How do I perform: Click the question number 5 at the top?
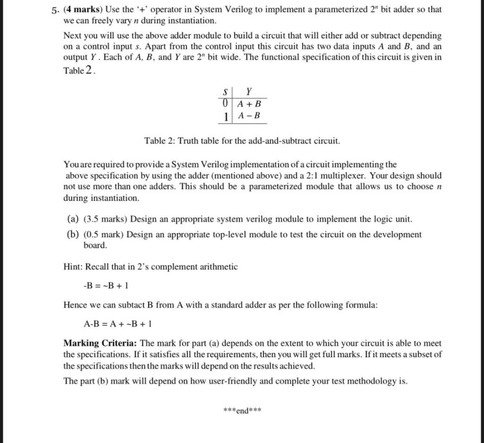[x=54, y=10]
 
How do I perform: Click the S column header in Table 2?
[x=225, y=91]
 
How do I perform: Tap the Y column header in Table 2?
[x=249, y=91]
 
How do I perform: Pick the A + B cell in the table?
[x=249, y=103]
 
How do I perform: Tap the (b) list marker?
[x=73, y=234]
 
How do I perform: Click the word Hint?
[x=74, y=267]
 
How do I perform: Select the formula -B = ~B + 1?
[x=106, y=286]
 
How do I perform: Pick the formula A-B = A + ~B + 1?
[x=117, y=324]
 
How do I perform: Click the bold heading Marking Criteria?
[x=100, y=343]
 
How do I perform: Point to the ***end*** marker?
[x=242, y=410]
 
